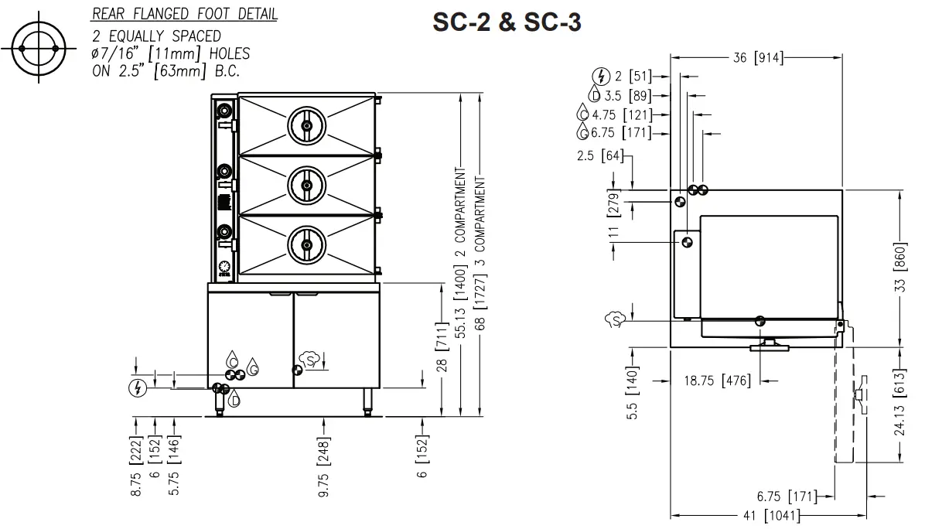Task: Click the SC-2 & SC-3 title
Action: tap(507, 23)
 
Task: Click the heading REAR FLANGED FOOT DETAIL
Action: tap(185, 15)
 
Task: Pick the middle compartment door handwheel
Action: tap(306, 185)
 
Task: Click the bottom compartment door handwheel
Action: tap(306, 246)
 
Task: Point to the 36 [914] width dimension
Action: tap(757, 57)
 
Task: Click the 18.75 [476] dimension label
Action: tap(717, 381)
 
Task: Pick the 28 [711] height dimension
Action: tap(442, 348)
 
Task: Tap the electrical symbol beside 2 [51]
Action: tap(600, 76)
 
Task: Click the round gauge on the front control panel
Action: tap(224, 264)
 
